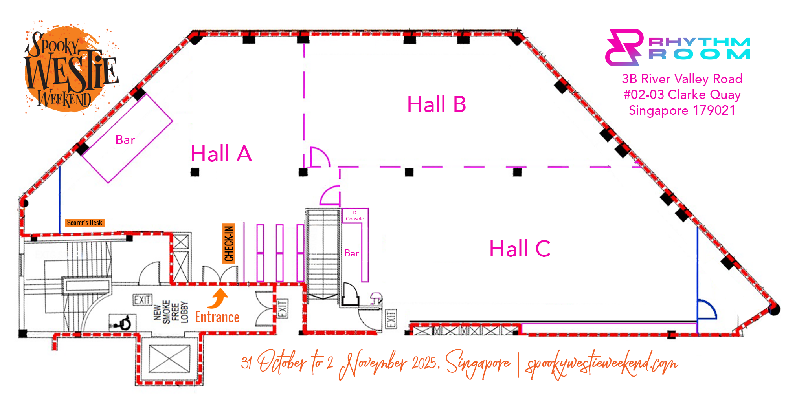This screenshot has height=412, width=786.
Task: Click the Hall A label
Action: pyautogui.click(x=221, y=154)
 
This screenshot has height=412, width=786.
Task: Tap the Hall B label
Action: pyautogui.click(x=437, y=104)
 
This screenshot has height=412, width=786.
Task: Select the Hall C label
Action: pyautogui.click(x=520, y=249)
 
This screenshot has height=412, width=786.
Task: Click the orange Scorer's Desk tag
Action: pyautogui.click(x=84, y=223)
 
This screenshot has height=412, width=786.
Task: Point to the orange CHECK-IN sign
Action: pyautogui.click(x=229, y=243)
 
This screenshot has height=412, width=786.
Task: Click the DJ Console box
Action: pyautogui.click(x=355, y=216)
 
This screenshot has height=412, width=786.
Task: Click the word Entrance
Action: pyautogui.click(x=217, y=317)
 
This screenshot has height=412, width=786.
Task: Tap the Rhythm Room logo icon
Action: pyautogui.click(x=624, y=47)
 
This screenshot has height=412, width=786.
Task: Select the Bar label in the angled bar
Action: pyautogui.click(x=125, y=140)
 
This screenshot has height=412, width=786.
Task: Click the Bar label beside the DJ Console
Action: pyautogui.click(x=352, y=253)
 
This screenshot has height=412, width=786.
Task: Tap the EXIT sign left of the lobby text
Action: pyautogui.click(x=142, y=300)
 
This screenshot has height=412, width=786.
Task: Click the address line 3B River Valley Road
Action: pyautogui.click(x=682, y=79)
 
